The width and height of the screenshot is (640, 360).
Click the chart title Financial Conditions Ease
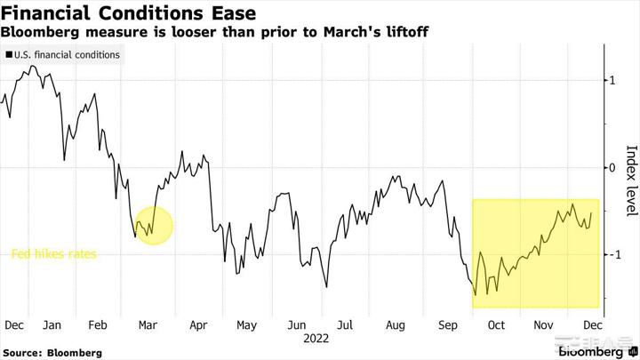pyautogui.click(x=130, y=13)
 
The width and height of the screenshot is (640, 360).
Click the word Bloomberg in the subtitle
pyautogui.click(x=39, y=32)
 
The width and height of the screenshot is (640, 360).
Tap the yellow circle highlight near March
pyautogui.click(x=152, y=225)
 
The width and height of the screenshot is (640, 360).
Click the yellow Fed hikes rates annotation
pyautogui.click(x=53, y=254)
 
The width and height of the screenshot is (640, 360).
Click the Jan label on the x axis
pyautogui.click(x=52, y=325)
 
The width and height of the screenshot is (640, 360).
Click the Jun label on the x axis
pyautogui.click(x=296, y=325)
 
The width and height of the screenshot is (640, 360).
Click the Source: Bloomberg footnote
pyautogui.click(x=52, y=353)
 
